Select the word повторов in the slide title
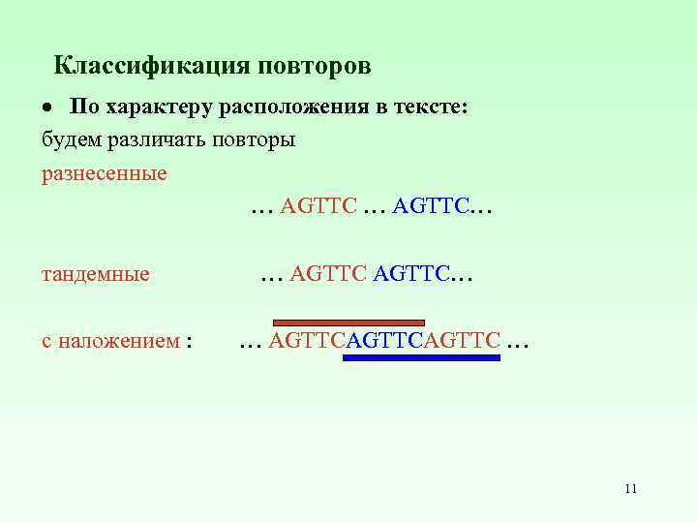coord(314,67)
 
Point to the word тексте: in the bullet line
coord(432,108)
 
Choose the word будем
coord(69,140)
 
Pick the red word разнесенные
coord(104,173)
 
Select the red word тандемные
coord(95,274)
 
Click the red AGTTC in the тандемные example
coord(328,274)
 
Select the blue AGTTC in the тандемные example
coord(411,274)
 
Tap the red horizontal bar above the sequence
coord(348,322)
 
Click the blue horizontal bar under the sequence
coord(421,357)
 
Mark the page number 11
coord(630,488)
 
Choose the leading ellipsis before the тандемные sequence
coord(272,276)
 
